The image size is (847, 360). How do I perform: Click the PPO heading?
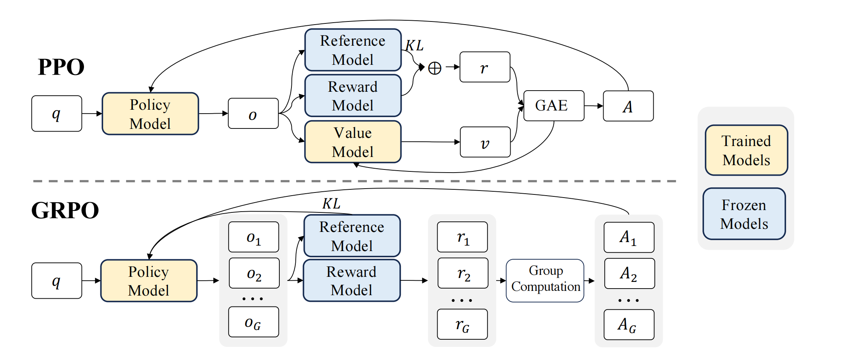pyautogui.click(x=61, y=67)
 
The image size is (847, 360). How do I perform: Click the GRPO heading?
pyautogui.click(x=65, y=210)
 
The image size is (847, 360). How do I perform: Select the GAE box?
pyautogui.click(x=554, y=106)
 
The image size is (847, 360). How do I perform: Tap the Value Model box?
pyautogui.click(x=353, y=142)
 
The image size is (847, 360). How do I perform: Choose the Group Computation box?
pyautogui.click(x=545, y=281)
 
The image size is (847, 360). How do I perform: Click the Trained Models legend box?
pyautogui.click(x=746, y=150)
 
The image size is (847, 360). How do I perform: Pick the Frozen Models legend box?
pyautogui.click(x=744, y=214)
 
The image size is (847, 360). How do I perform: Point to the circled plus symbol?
pyautogui.click(x=435, y=68)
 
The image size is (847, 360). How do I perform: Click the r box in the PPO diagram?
pyautogui.click(x=485, y=67)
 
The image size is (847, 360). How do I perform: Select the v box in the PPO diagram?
pyautogui.click(x=485, y=142)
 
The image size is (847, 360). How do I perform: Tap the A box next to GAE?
pyautogui.click(x=628, y=106)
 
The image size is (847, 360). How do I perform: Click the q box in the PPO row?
pyautogui.click(x=57, y=114)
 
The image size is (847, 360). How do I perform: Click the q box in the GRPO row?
pyautogui.click(x=57, y=281)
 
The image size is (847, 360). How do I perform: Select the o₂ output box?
pyautogui.click(x=254, y=273)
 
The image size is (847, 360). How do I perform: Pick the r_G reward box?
pyautogui.click(x=463, y=324)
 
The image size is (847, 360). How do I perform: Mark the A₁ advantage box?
pyautogui.click(x=629, y=237)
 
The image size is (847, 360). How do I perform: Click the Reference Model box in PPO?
pyautogui.click(x=353, y=50)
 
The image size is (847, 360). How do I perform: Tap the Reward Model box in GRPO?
pyautogui.click(x=352, y=280)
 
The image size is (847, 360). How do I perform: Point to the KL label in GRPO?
pyautogui.click(x=331, y=203)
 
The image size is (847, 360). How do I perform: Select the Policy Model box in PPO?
pyautogui.click(x=150, y=114)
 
